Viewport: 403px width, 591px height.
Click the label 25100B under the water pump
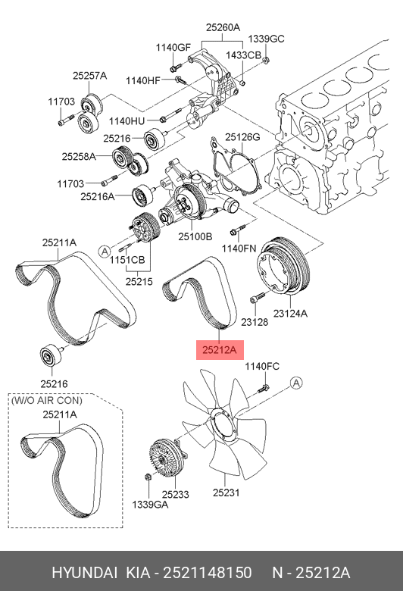195,236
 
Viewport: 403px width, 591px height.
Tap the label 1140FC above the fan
261,367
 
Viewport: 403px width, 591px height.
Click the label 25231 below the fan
225,493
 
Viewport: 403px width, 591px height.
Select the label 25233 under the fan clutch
175,493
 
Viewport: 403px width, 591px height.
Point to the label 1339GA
150,504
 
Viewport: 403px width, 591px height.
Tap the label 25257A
89,76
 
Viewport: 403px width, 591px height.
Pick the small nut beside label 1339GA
147,477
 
